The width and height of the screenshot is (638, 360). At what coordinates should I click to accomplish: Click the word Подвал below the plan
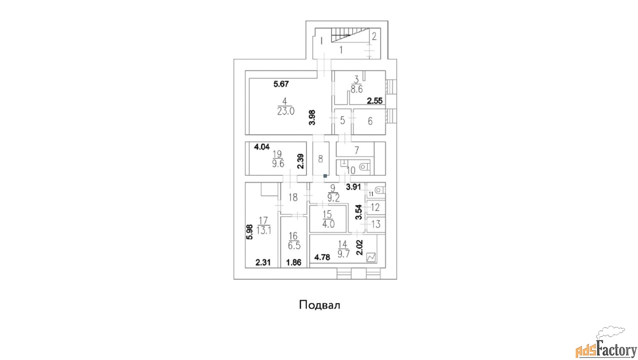pyautogui.click(x=319, y=305)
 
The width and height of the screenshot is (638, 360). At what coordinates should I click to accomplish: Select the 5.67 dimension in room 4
pyautogui.click(x=281, y=84)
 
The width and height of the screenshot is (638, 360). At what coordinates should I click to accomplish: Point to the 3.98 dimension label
pyautogui.click(x=312, y=117)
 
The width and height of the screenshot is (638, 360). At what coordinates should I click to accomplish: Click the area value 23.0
pyautogui.click(x=286, y=111)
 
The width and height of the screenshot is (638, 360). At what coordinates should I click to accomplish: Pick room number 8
pyautogui.click(x=320, y=159)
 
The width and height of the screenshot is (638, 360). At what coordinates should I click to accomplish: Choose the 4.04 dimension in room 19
pyautogui.click(x=262, y=147)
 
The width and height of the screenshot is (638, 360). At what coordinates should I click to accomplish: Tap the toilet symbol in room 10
pyautogui.click(x=363, y=166)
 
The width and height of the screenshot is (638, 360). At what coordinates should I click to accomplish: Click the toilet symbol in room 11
pyautogui.click(x=379, y=190)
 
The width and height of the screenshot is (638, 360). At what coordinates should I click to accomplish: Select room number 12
pyautogui.click(x=375, y=207)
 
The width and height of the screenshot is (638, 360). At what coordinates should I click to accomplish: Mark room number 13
pyautogui.click(x=376, y=224)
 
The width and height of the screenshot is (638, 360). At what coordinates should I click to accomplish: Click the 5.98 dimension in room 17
pyautogui.click(x=249, y=232)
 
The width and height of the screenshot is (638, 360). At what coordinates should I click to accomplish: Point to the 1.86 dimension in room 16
pyautogui.click(x=293, y=262)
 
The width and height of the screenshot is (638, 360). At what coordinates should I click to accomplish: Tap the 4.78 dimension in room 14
pyautogui.click(x=322, y=257)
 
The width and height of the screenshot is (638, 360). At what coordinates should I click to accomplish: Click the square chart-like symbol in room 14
pyautogui.click(x=371, y=257)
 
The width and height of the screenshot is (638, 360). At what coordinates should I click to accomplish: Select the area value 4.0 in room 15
pyautogui.click(x=328, y=224)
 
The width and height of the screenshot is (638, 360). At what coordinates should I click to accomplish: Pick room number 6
pyautogui.click(x=370, y=121)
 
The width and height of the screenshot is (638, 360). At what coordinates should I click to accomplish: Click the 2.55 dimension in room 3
pyautogui.click(x=374, y=100)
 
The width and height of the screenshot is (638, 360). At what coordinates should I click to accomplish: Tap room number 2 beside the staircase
pyautogui.click(x=374, y=36)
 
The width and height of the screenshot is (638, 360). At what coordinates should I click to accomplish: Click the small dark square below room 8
pyautogui.click(x=325, y=176)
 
